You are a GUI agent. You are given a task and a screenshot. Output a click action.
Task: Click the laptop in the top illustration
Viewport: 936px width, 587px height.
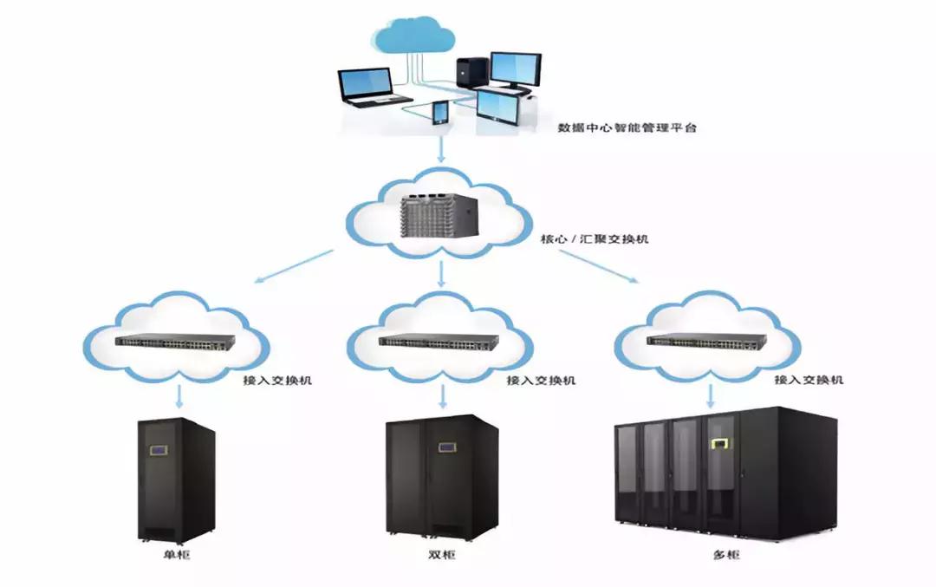[x=367, y=88]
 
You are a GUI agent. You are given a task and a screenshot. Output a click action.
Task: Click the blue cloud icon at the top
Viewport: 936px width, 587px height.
[x=414, y=37]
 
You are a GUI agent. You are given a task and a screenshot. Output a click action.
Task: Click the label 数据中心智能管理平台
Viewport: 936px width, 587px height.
[x=627, y=127]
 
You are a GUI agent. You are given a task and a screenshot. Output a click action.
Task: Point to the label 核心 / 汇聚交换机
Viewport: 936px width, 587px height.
[x=588, y=238]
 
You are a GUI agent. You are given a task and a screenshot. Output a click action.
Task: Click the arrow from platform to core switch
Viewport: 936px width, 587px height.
[x=442, y=151]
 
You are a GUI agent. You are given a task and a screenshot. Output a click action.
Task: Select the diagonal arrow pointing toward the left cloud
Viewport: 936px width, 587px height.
[x=295, y=265]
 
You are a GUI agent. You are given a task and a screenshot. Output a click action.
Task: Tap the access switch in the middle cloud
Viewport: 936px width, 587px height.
[x=442, y=341]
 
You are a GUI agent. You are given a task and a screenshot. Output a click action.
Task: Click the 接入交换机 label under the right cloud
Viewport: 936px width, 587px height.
[x=808, y=380]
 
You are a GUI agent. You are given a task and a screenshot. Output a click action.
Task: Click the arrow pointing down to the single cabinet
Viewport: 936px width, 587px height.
[x=178, y=396]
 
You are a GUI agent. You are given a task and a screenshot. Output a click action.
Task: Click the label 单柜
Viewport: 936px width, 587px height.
[x=176, y=555]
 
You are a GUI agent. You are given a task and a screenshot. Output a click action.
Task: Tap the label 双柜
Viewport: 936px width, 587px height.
[x=442, y=555]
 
